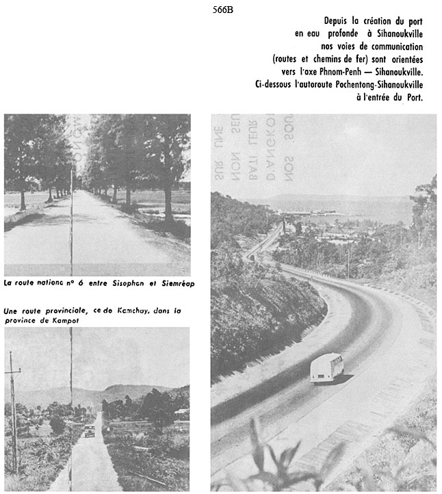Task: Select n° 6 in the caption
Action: coord(65,282)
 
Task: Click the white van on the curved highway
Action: coord(326,367)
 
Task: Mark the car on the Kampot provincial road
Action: coord(90,431)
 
